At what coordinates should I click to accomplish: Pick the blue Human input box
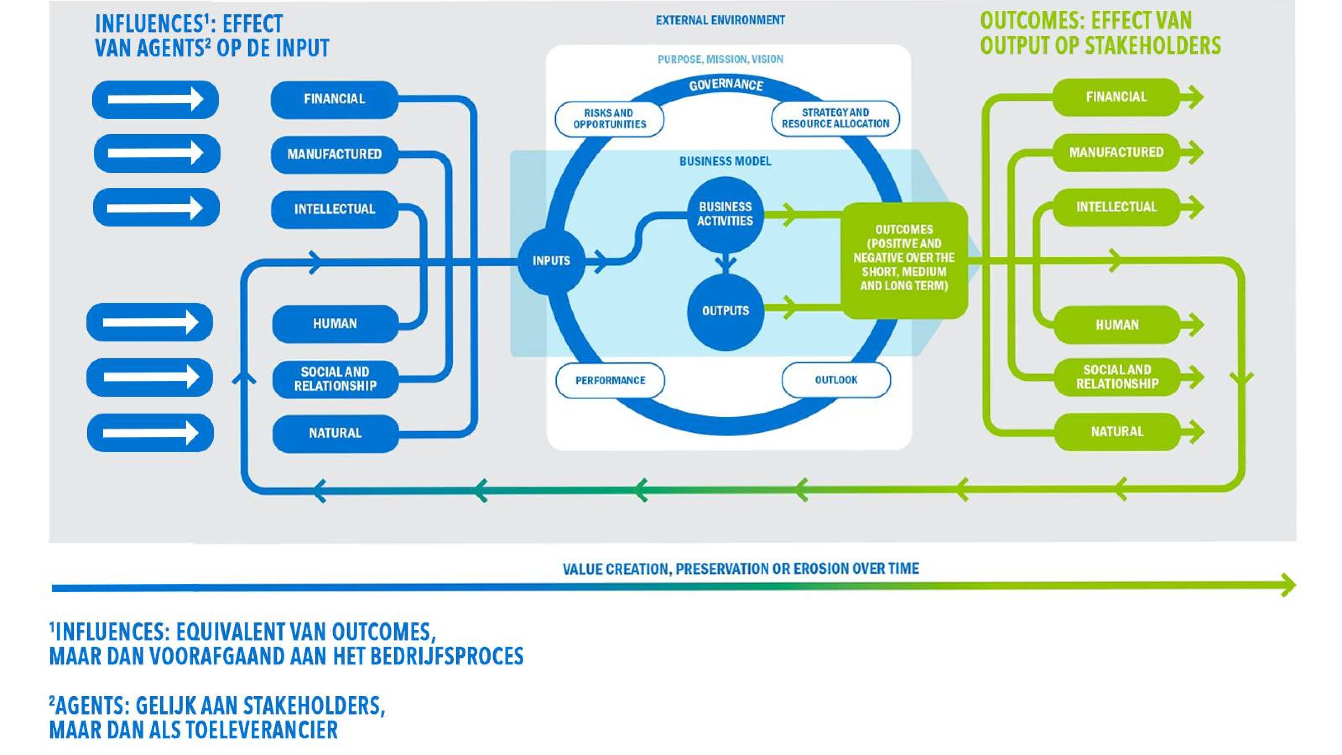coord(335,323)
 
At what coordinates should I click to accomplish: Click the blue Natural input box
coord(335,433)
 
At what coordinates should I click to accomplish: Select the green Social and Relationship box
coord(1117,377)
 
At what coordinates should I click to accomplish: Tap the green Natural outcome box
coord(1117,432)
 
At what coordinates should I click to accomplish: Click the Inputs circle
coord(551,260)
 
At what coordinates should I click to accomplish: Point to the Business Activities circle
coord(725,214)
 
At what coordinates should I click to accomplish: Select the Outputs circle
coord(725,311)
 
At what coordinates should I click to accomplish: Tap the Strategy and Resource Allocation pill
coord(835,118)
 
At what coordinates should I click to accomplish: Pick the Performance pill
coord(610,381)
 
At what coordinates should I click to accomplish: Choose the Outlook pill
coord(836,380)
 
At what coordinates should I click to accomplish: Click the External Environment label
coord(720,20)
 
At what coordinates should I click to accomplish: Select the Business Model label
coord(725,161)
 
